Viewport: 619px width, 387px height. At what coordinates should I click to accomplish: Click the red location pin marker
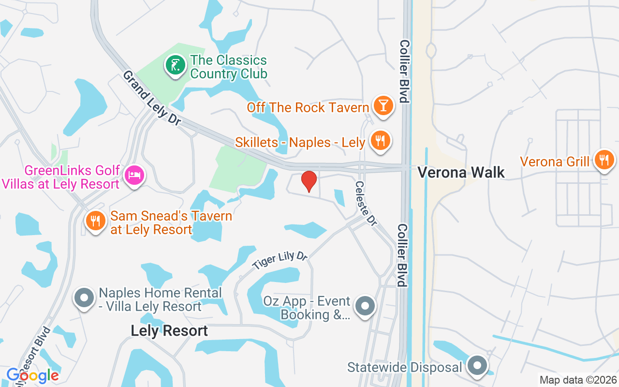tap(309, 181)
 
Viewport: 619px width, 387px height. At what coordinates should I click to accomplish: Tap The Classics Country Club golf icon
tap(175, 65)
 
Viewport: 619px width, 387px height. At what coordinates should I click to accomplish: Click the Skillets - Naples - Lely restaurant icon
tap(380, 141)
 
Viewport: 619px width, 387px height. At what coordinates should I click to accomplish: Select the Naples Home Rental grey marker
tap(85, 298)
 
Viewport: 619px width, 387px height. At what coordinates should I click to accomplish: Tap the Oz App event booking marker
tap(365, 306)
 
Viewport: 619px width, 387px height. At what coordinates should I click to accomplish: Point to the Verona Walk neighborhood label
tap(461, 172)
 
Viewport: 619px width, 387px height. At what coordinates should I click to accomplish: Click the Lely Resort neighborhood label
tap(169, 331)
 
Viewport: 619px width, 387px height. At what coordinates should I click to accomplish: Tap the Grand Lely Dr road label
tap(151, 98)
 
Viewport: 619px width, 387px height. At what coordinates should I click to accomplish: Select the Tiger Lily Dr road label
tap(280, 260)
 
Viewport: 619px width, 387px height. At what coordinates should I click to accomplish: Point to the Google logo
tap(32, 375)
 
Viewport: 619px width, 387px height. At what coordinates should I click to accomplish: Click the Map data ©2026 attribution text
tap(578, 380)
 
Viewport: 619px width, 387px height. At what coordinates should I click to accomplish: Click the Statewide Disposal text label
tap(404, 367)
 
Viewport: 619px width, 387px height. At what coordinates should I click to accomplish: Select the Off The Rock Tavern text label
tap(308, 107)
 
